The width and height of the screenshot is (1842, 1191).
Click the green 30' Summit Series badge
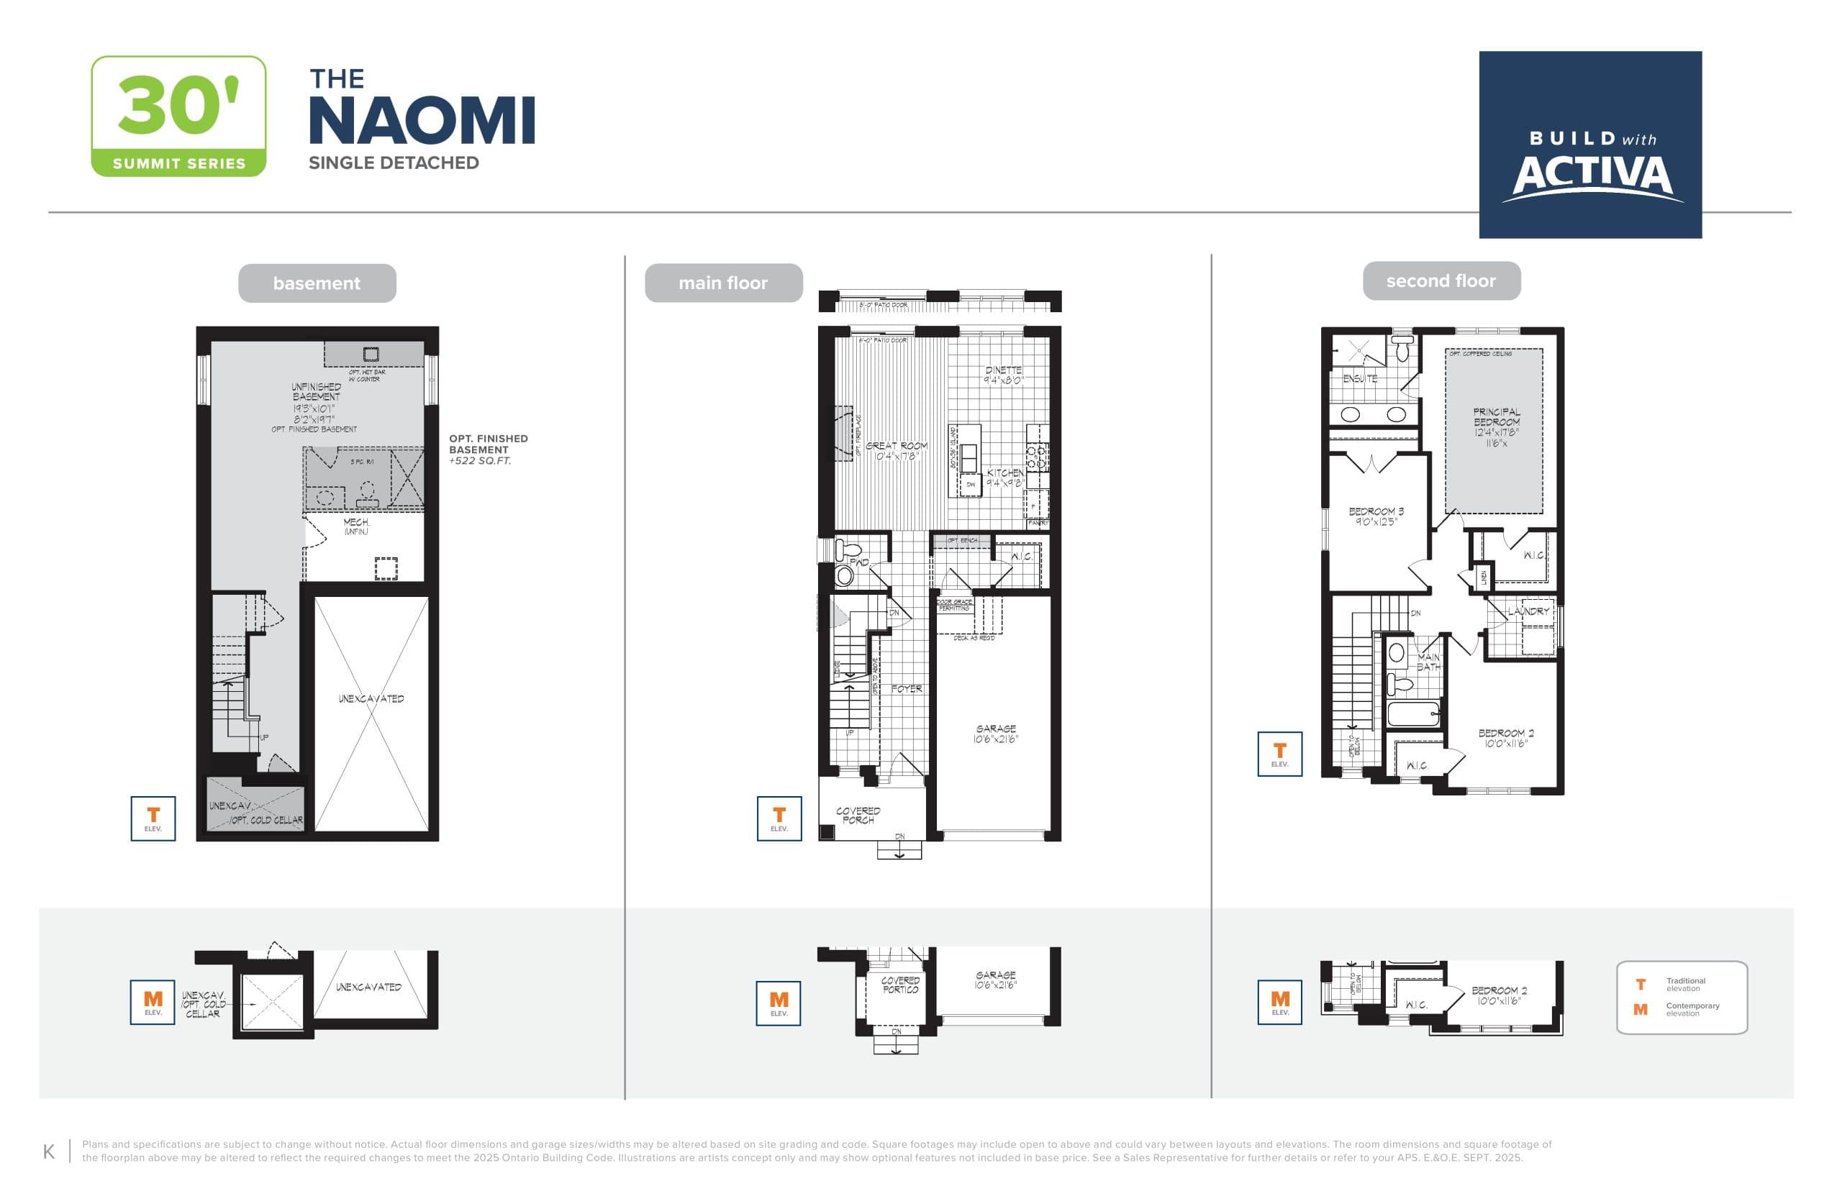pyautogui.click(x=178, y=116)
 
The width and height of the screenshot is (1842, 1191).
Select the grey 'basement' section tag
pyautogui.click(x=317, y=283)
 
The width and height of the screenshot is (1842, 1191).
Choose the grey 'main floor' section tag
pyautogui.click(x=722, y=283)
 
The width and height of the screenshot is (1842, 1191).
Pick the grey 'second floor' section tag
pyautogui.click(x=1441, y=280)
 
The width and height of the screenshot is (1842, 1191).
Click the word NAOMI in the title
pyautogui.click(x=422, y=121)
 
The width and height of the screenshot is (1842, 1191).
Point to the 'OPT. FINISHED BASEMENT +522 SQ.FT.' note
pyautogui.click(x=488, y=450)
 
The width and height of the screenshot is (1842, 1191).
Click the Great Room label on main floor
pyautogui.click(x=896, y=450)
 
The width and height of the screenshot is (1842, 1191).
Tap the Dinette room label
pyautogui.click(x=1004, y=375)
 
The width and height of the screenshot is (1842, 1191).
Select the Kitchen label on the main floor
pyautogui.click(x=1004, y=477)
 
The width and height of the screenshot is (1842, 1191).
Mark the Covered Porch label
pyautogui.click(x=858, y=815)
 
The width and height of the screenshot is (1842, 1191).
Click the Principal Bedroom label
pyautogui.click(x=1496, y=427)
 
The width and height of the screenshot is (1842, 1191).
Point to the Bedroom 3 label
pyautogui.click(x=1376, y=516)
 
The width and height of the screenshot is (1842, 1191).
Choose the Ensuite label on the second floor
pyautogui.click(x=1360, y=378)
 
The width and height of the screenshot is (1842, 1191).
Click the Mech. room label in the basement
pyautogui.click(x=356, y=526)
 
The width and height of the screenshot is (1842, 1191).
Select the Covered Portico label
pyautogui.click(x=901, y=985)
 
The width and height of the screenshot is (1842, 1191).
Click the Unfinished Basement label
pyautogui.click(x=316, y=397)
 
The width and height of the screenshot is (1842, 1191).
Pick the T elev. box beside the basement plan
pyautogui.click(x=153, y=818)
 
